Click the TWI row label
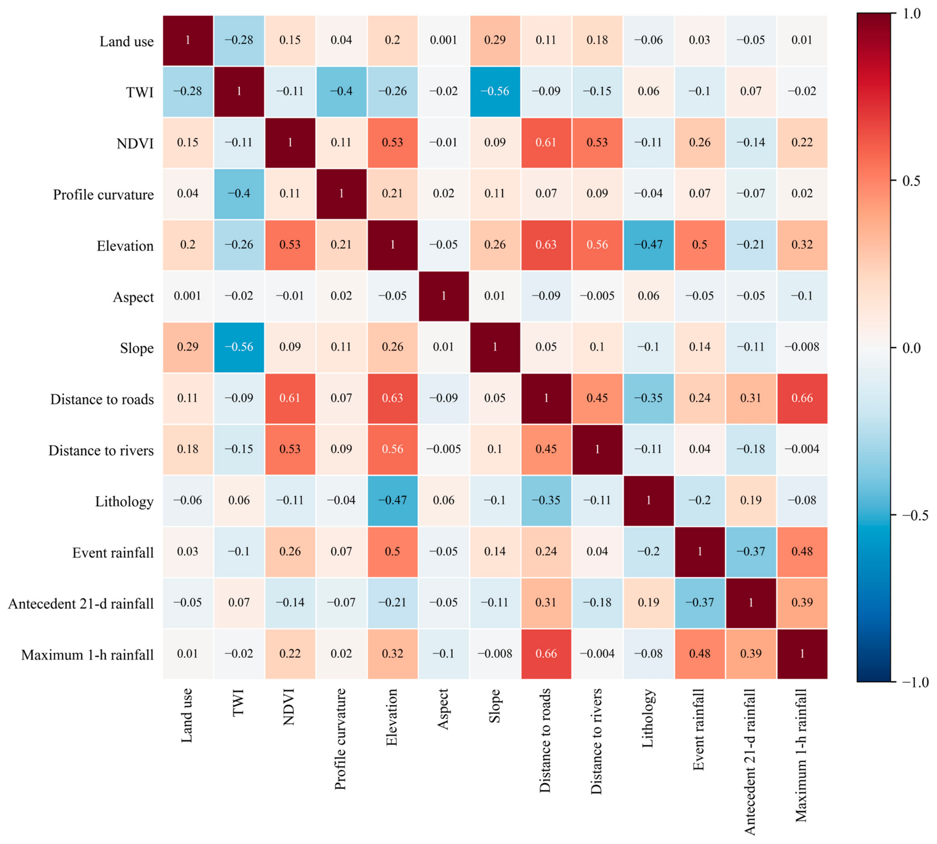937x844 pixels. pyautogui.click(x=140, y=92)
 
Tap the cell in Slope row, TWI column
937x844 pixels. pyautogui.click(x=239, y=347)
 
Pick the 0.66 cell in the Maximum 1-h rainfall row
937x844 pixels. pyautogui.click(x=546, y=654)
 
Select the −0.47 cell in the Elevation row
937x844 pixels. pyautogui.click(x=648, y=245)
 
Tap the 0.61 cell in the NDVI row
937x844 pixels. pyautogui.click(x=546, y=143)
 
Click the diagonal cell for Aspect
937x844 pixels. pyautogui.click(x=444, y=296)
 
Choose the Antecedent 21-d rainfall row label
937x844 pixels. pyautogui.click(x=81, y=604)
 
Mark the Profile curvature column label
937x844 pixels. pyautogui.click(x=341, y=739)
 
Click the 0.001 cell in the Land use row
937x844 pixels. pyautogui.click(x=444, y=41)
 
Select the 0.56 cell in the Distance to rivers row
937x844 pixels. pyautogui.click(x=393, y=449)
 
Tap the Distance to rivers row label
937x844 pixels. pyautogui.click(x=101, y=451)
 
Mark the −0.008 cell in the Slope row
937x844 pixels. pyautogui.click(x=802, y=347)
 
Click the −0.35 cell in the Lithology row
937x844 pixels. pyautogui.click(x=546, y=501)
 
